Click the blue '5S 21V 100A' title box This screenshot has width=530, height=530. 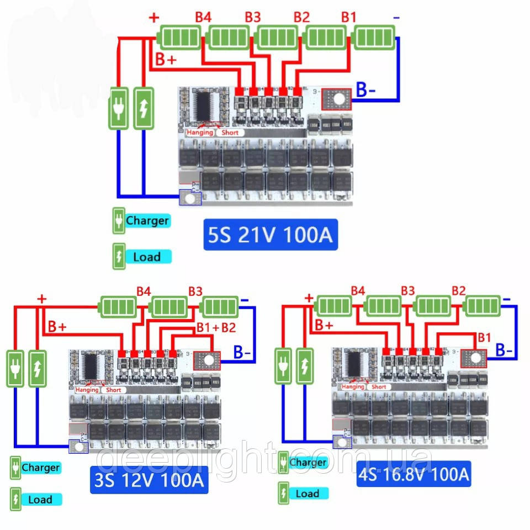pos(270,236)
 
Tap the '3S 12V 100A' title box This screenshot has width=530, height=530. pos(149,480)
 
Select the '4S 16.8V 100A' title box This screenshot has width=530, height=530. pos(414,474)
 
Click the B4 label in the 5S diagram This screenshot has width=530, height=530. pos(203,17)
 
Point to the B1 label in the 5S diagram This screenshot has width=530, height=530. pos(348,17)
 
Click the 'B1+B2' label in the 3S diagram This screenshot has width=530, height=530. pos(216,327)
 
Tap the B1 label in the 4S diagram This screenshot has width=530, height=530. pos(484,337)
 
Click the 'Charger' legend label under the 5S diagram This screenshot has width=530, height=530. pos(147,221)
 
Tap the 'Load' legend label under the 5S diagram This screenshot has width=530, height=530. pos(147,257)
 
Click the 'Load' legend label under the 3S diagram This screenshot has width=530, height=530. pos(40,500)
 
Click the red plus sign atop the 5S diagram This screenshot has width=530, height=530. pos(154,17)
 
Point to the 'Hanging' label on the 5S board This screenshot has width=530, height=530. pos(199,132)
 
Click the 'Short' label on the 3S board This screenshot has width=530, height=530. pos(114,390)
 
